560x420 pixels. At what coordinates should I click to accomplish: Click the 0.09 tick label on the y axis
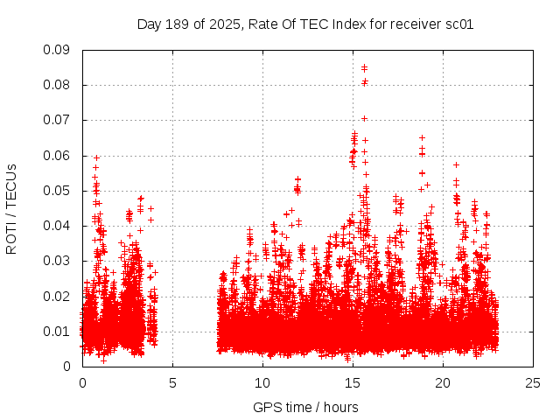59,50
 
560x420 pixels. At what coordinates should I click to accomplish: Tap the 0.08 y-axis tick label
59,85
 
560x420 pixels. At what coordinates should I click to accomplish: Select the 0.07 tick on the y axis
59,120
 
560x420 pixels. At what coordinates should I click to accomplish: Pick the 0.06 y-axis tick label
59,156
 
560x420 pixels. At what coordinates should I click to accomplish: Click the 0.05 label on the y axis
59,191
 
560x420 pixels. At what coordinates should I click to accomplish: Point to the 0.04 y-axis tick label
59,226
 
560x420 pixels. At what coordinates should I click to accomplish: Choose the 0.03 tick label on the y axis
59,261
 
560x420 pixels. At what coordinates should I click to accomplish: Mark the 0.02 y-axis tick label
59,296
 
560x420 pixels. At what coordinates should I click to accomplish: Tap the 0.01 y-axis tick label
59,332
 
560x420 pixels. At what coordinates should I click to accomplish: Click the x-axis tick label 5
172,382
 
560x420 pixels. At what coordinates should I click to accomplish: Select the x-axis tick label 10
262,382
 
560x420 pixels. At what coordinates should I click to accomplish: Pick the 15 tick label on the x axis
353,382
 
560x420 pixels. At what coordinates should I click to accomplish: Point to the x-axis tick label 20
443,382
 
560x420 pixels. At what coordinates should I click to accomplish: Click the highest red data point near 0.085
364,66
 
